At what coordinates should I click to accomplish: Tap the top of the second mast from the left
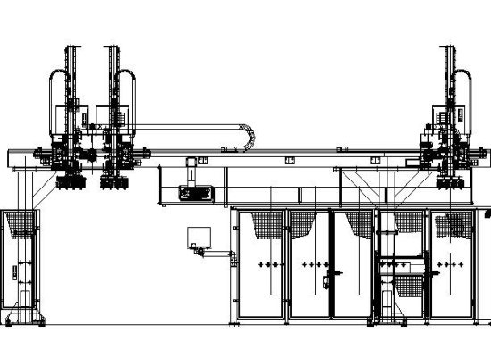coord(112,46)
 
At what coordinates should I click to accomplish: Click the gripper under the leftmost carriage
coord(65,183)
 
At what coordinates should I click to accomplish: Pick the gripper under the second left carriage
coord(113,183)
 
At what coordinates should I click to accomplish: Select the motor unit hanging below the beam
coord(194,192)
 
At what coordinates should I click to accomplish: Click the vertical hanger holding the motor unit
coord(193,170)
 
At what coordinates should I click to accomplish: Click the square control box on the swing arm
coord(197,237)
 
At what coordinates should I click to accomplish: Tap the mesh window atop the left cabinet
coord(19,223)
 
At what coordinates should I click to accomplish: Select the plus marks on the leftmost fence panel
coord(263,265)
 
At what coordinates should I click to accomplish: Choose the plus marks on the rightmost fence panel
coord(452,265)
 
